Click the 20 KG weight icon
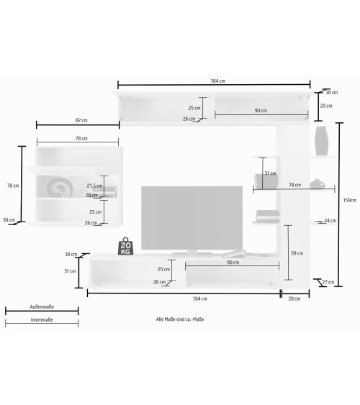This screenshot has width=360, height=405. (125, 246)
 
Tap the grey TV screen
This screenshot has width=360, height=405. (192, 218)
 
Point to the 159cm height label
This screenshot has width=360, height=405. (350, 200)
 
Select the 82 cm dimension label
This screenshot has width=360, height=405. (81, 120)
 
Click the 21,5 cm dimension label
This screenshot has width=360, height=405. (94, 186)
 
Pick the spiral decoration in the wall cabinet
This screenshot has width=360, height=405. (60, 187)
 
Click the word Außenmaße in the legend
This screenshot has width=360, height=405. (42, 307)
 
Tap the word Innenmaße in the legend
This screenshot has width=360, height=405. (42, 320)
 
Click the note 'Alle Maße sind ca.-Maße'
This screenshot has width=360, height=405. (180, 319)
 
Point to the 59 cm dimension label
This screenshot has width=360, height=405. (297, 253)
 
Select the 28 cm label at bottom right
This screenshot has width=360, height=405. (294, 299)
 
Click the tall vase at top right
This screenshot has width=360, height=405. (322, 141)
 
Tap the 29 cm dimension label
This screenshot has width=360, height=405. (326, 106)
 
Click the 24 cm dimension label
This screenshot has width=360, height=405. (330, 221)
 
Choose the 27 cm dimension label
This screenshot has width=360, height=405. (328, 282)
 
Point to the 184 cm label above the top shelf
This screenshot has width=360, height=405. (218, 81)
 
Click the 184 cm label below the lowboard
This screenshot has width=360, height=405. (200, 299)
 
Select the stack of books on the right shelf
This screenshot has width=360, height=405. (268, 217)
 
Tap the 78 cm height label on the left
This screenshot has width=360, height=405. (13, 186)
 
